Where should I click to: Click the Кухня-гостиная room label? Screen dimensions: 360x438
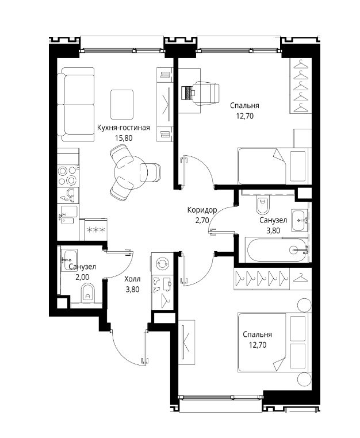pos(123,128)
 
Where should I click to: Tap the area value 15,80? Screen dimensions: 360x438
pos(124,138)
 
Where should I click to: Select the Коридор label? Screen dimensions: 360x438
pos(202,210)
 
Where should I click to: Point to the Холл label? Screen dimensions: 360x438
pos(132,279)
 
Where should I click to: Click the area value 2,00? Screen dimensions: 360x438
pos(82,277)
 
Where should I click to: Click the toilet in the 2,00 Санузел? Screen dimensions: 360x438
pos(88,293)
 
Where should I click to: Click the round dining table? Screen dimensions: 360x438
pos(130,172)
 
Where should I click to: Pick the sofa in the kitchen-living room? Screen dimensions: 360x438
pos(76,105)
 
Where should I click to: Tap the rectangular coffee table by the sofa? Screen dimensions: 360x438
pos(121,105)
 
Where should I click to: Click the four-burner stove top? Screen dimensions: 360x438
pos(68,176)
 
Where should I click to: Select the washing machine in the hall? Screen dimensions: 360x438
pos(162,263)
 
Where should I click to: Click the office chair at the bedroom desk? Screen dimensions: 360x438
pos(206,94)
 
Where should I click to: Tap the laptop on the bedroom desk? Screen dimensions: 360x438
pos(187,93)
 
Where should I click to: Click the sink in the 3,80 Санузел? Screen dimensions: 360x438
pos(300,220)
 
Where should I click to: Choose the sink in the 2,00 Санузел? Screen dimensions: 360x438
pos(68,260)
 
